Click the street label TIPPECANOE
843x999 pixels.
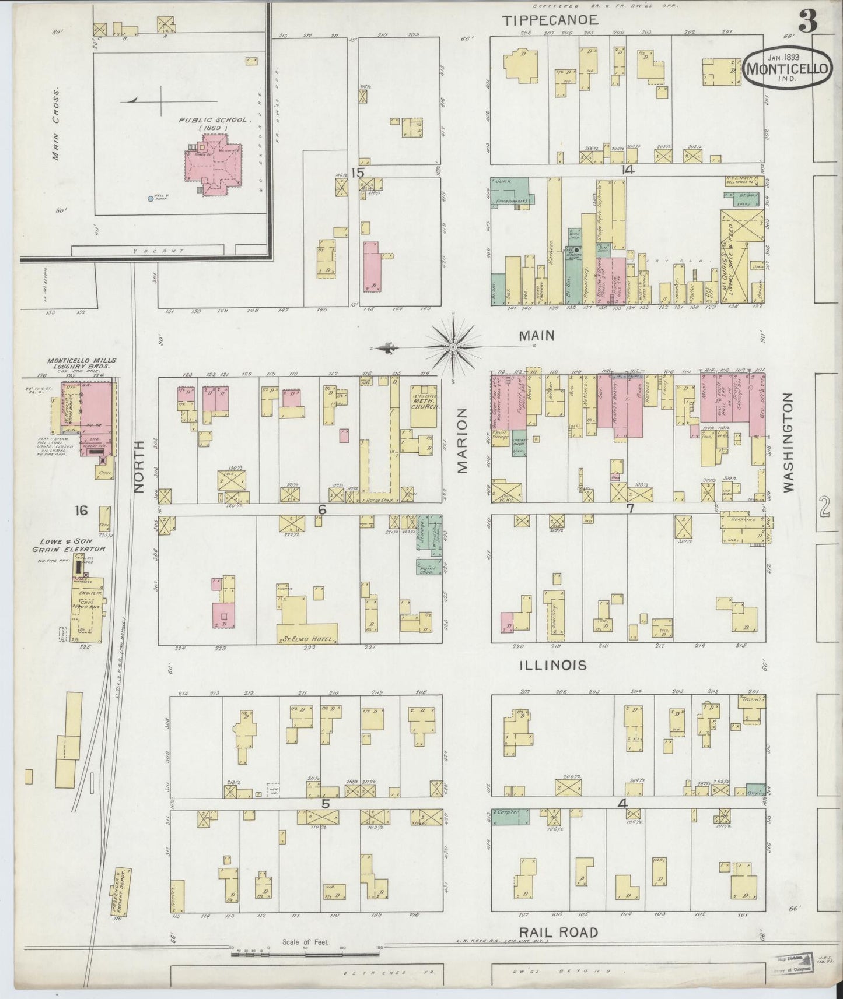pyautogui.click(x=551, y=20)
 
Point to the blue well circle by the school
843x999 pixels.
pyautogui.click(x=151, y=199)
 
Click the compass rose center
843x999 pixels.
pyautogui.click(x=453, y=347)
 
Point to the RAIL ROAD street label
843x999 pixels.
pyautogui.click(x=558, y=932)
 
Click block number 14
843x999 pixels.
pyautogui.click(x=628, y=170)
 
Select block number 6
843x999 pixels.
pyautogui.click(x=321, y=509)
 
